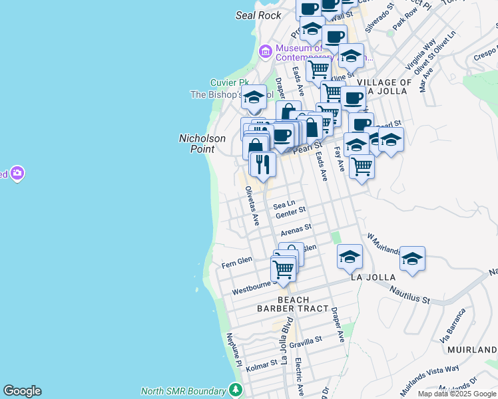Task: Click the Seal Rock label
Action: tap(258, 15)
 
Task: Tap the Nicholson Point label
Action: tap(202, 144)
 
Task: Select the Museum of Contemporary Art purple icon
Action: tap(266, 51)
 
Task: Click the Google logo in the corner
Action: tap(22, 391)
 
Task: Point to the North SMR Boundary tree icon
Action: tap(234, 390)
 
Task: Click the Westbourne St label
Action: tap(254, 287)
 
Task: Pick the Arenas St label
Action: tap(296, 230)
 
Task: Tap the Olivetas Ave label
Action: tap(251, 205)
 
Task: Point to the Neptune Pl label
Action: tap(234, 349)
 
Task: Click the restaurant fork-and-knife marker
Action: tap(263, 165)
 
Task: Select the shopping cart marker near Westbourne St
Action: tap(283, 269)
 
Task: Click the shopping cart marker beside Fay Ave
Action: tap(362, 166)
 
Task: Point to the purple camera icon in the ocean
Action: tap(17, 174)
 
